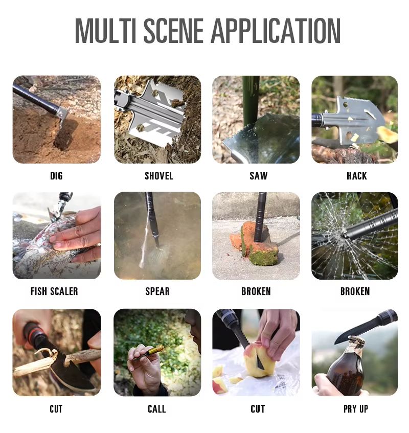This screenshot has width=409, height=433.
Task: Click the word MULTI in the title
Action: [105, 31]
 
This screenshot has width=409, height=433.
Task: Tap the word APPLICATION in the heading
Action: [277, 31]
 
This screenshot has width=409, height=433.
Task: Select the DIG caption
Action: [56, 176]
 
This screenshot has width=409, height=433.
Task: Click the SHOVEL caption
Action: [159, 176]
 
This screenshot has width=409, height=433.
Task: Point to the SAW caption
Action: [259, 176]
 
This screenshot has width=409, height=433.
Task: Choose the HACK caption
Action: [356, 176]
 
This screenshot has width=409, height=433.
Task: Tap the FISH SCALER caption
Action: [54, 291]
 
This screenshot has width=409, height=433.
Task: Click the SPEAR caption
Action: [157, 291]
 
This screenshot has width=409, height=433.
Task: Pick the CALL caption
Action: [156, 408]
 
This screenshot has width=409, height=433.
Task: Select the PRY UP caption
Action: [356, 408]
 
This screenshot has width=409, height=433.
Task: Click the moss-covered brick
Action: [256, 246]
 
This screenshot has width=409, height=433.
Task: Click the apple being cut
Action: [258, 359]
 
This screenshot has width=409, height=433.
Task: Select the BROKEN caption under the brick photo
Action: [256, 291]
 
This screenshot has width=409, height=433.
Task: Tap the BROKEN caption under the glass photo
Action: [355, 291]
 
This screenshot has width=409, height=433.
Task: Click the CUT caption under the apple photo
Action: [258, 408]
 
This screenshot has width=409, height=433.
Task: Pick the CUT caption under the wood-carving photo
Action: [56, 408]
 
